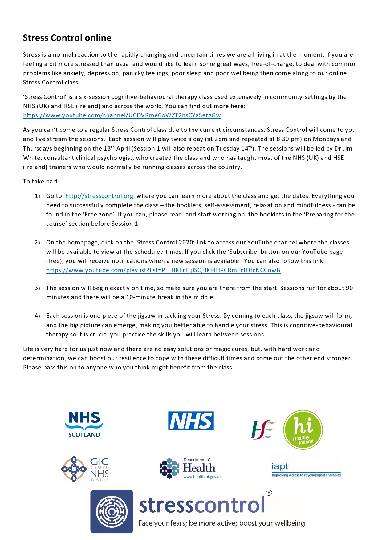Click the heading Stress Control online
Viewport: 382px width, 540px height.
click(x=67, y=38)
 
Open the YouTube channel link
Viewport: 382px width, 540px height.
click(x=122, y=115)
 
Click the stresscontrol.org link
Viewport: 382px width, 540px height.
click(x=99, y=196)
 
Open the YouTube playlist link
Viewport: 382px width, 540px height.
click(x=163, y=270)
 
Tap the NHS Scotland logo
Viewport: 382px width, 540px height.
click(x=84, y=425)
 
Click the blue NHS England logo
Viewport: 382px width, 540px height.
click(x=191, y=421)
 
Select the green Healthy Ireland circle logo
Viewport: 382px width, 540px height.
click(x=303, y=429)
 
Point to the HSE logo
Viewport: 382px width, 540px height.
click(x=263, y=429)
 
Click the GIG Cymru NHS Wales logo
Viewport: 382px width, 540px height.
click(x=85, y=469)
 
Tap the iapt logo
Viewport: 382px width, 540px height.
click(x=306, y=470)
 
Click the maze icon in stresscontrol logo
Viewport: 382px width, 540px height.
click(x=112, y=511)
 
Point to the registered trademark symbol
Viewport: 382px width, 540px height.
click(x=269, y=493)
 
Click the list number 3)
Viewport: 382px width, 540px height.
click(x=37, y=288)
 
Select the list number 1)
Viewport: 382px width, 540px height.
click(x=37, y=196)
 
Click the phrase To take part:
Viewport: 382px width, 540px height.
click(x=41, y=182)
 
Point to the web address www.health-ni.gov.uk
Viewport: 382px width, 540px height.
click(x=202, y=477)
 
